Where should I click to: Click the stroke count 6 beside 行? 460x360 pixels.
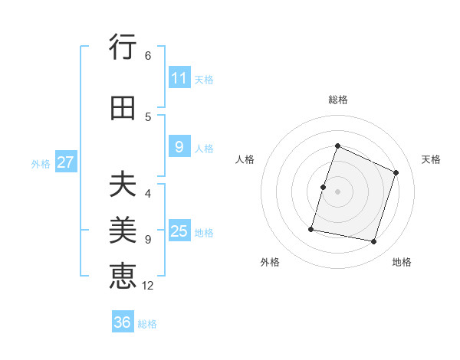coord(148,55)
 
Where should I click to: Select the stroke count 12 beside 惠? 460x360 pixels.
coord(148,286)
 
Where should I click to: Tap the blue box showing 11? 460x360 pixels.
coord(179,78)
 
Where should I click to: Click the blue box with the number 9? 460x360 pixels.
coord(179,147)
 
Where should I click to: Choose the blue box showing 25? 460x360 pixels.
coord(179,231)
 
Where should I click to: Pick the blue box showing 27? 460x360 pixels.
coord(65,162)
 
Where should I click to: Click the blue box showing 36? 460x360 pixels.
coord(123,322)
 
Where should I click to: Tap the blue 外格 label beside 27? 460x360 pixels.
coord(41,163)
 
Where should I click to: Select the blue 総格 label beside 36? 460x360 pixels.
coord(147,324)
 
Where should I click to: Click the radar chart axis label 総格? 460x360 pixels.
coord(338,100)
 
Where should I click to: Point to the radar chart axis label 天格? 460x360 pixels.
coord(431,159)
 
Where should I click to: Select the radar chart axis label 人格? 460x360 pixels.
coord(245,159)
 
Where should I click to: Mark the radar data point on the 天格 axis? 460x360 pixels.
coord(396,172)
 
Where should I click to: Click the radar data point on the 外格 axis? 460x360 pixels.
coord(311,229)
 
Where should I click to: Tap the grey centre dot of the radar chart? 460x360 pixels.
coord(338,191)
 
